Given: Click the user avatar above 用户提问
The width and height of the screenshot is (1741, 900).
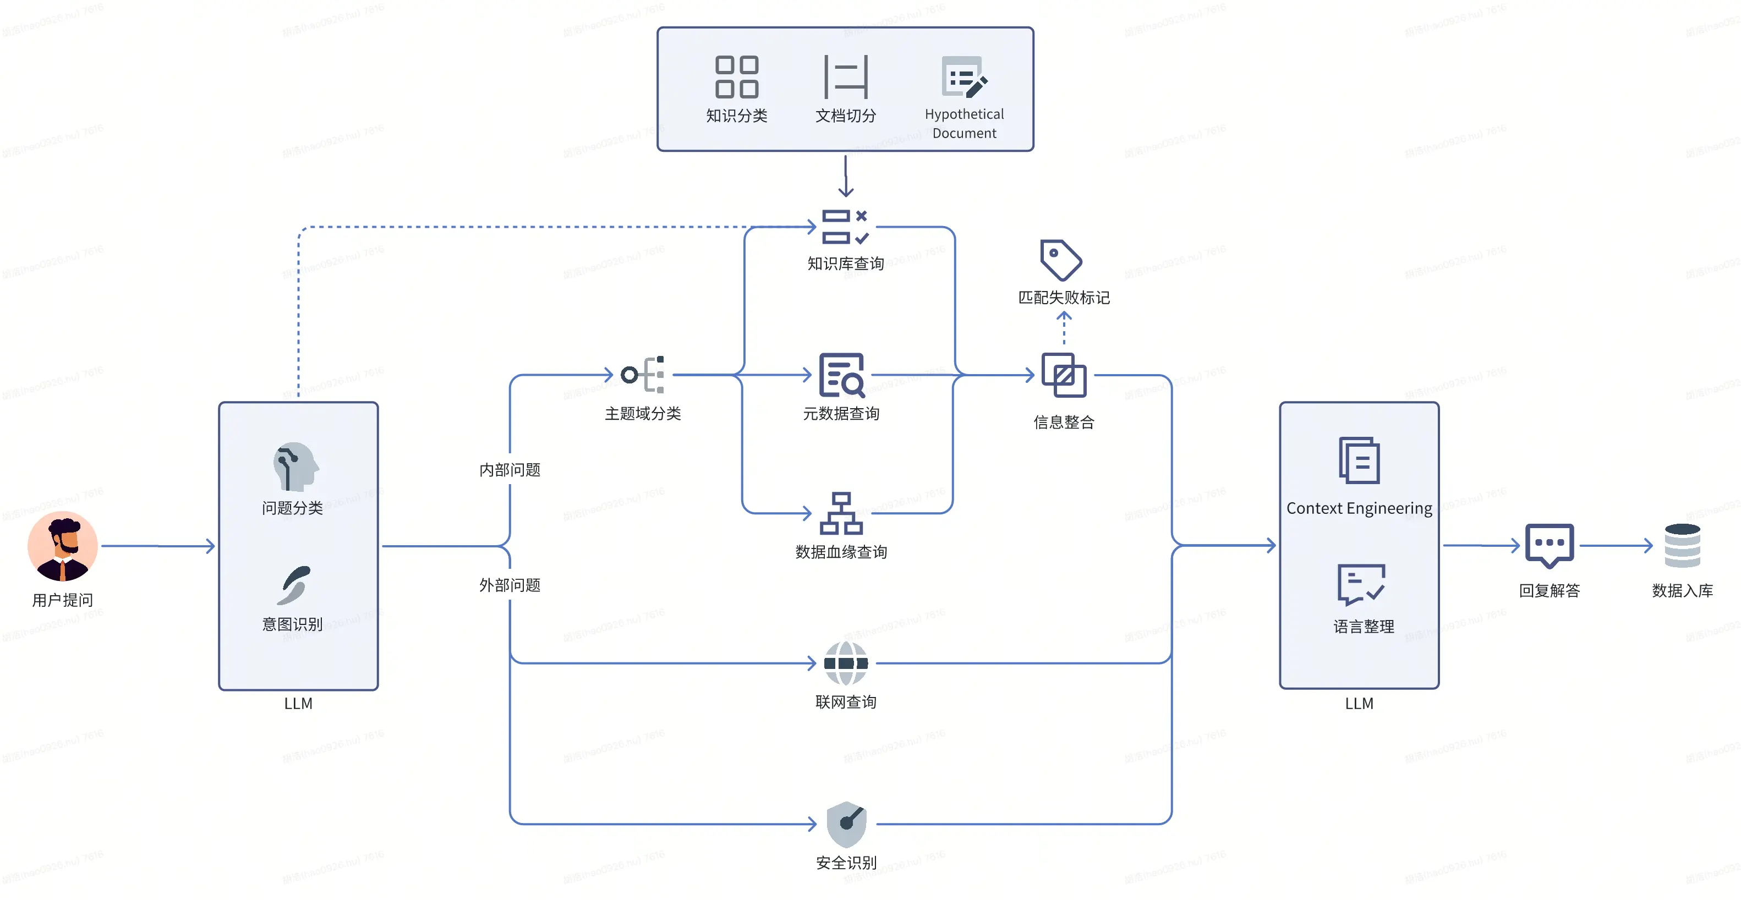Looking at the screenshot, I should [x=62, y=546].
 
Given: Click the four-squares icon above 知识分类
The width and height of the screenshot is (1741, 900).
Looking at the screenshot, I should [x=737, y=77].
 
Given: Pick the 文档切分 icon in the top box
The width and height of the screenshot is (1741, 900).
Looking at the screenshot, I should [x=846, y=77].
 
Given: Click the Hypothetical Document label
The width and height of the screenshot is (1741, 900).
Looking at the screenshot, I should [x=964, y=124].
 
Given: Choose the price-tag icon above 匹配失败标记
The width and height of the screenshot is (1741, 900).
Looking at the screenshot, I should [x=1060, y=260].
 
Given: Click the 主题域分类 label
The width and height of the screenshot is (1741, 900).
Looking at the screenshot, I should [x=643, y=414].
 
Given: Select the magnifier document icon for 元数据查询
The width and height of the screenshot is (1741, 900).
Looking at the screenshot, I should [x=841, y=375].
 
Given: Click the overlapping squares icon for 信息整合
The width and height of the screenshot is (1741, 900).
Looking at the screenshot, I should [x=1064, y=376].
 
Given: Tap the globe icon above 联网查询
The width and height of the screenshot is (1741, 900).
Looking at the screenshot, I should [x=846, y=663].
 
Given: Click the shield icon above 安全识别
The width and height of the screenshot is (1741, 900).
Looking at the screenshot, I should [x=846, y=824].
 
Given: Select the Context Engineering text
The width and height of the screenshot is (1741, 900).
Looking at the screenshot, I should [x=1359, y=508].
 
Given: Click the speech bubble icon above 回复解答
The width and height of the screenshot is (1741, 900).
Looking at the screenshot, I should [x=1549, y=545].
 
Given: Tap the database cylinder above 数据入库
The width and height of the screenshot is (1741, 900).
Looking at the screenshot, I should [x=1682, y=546].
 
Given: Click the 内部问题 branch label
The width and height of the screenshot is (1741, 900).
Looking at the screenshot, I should [x=510, y=470].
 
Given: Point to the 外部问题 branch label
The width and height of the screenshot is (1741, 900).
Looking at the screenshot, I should [x=510, y=585].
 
